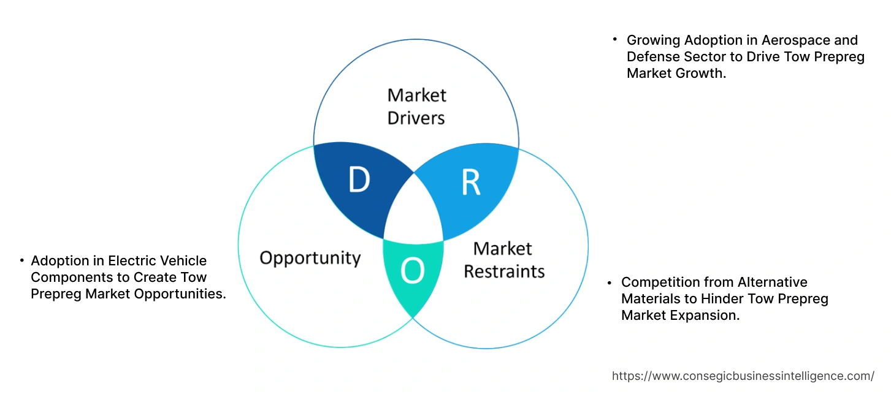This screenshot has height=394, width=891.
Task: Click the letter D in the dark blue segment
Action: (359, 180)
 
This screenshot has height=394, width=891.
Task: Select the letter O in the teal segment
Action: (413, 270)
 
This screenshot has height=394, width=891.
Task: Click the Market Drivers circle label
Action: (416, 106)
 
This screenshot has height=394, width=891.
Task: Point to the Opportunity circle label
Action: (310, 257)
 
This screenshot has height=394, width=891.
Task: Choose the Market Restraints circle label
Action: (503, 260)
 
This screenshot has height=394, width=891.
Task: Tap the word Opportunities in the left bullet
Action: (179, 294)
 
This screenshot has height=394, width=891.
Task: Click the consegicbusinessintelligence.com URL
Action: (743, 376)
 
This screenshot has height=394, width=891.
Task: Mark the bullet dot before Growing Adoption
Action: (614, 39)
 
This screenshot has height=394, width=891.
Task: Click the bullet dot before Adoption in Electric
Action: (21, 260)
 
